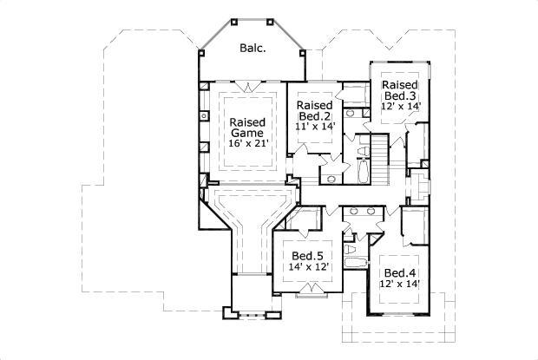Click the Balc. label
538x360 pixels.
pyautogui.click(x=252, y=49)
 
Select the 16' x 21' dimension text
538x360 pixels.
pyautogui.click(x=247, y=143)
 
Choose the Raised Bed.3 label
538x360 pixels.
pyautogui.click(x=400, y=90)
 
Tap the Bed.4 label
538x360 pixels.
pyautogui.click(x=400, y=272)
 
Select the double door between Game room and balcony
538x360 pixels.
pyautogui.click(x=252, y=86)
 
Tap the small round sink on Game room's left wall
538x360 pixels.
pyautogui.click(x=202, y=115)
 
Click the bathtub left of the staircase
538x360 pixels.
pyautogui.click(x=360, y=170)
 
